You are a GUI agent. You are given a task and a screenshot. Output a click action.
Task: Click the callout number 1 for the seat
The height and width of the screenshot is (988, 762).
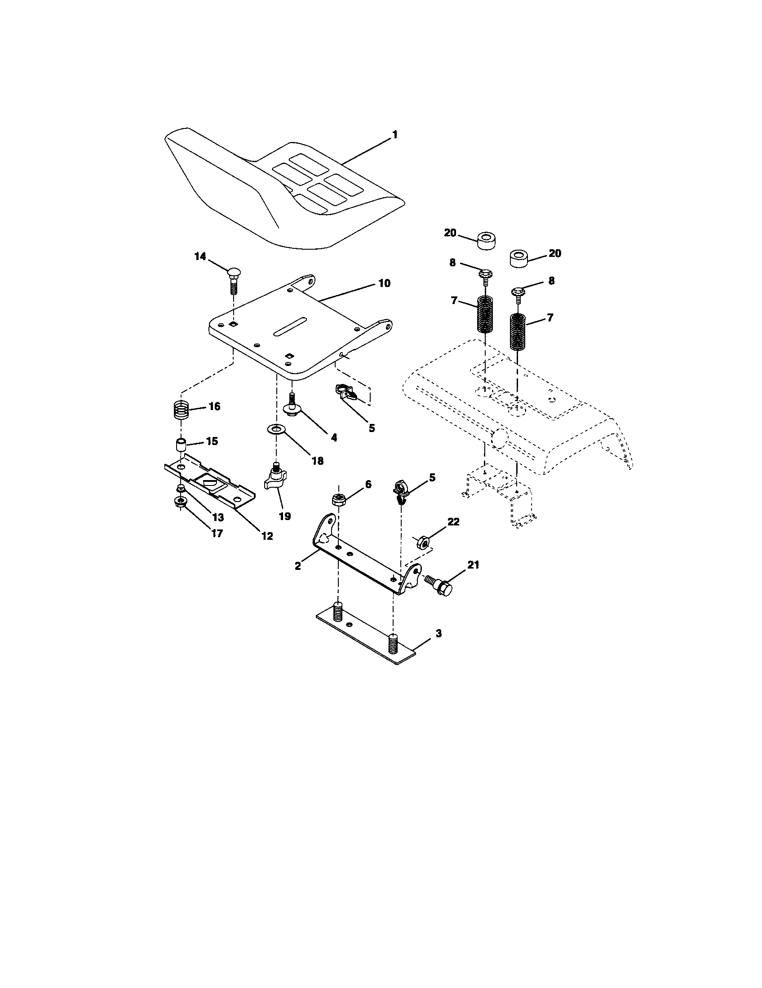click(x=394, y=135)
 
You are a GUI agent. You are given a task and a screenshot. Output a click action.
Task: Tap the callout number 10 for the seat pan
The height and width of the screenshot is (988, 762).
click(x=384, y=284)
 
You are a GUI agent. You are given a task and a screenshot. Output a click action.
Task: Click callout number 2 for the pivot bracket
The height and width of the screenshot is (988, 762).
click(x=297, y=565)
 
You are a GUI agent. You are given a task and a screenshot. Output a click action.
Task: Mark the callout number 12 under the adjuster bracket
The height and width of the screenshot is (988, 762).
click(x=267, y=536)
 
